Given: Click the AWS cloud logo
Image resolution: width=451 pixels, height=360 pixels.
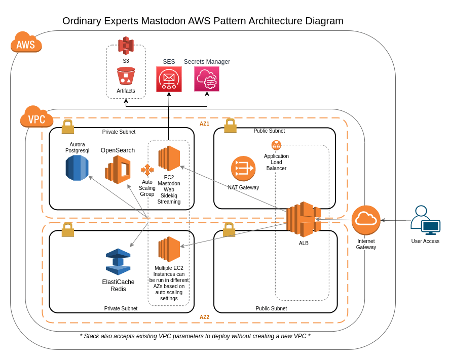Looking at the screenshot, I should pyautogui.click(x=26, y=43).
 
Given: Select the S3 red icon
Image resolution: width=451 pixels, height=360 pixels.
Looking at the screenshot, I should pyautogui.click(x=126, y=46).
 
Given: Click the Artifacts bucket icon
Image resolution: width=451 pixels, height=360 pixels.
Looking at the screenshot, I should pyautogui.click(x=126, y=76).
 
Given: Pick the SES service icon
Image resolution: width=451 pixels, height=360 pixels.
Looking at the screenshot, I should pyautogui.click(x=169, y=79).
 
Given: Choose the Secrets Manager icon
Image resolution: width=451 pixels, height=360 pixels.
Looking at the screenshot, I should pyautogui.click(x=207, y=79).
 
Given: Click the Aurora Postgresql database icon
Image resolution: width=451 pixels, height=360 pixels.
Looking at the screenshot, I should pyautogui.click(x=77, y=168).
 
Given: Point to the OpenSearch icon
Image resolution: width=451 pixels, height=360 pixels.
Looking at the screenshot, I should pyautogui.click(x=118, y=169).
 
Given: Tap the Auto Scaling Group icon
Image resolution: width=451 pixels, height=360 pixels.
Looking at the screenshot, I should pyautogui.click(x=147, y=170).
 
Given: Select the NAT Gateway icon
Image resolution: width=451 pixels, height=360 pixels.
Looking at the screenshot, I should pyautogui.click(x=243, y=168).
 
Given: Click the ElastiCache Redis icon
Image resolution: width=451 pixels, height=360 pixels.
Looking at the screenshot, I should pyautogui.click(x=118, y=262).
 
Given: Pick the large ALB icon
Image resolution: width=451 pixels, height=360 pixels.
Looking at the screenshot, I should pyautogui.click(x=304, y=219).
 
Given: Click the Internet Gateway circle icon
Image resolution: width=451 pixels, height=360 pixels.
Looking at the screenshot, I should pyautogui.click(x=366, y=220).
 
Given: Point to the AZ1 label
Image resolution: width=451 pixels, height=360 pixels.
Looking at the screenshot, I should pyautogui.click(x=204, y=124).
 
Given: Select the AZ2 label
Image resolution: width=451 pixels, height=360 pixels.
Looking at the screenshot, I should pyautogui.click(x=204, y=317).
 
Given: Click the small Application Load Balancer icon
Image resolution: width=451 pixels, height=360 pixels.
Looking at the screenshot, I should pyautogui.click(x=276, y=145).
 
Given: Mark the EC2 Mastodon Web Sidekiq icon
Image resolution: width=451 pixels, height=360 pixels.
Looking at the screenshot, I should pyautogui.click(x=169, y=158).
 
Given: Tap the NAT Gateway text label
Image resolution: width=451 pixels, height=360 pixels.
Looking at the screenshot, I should pyautogui.click(x=243, y=187).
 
